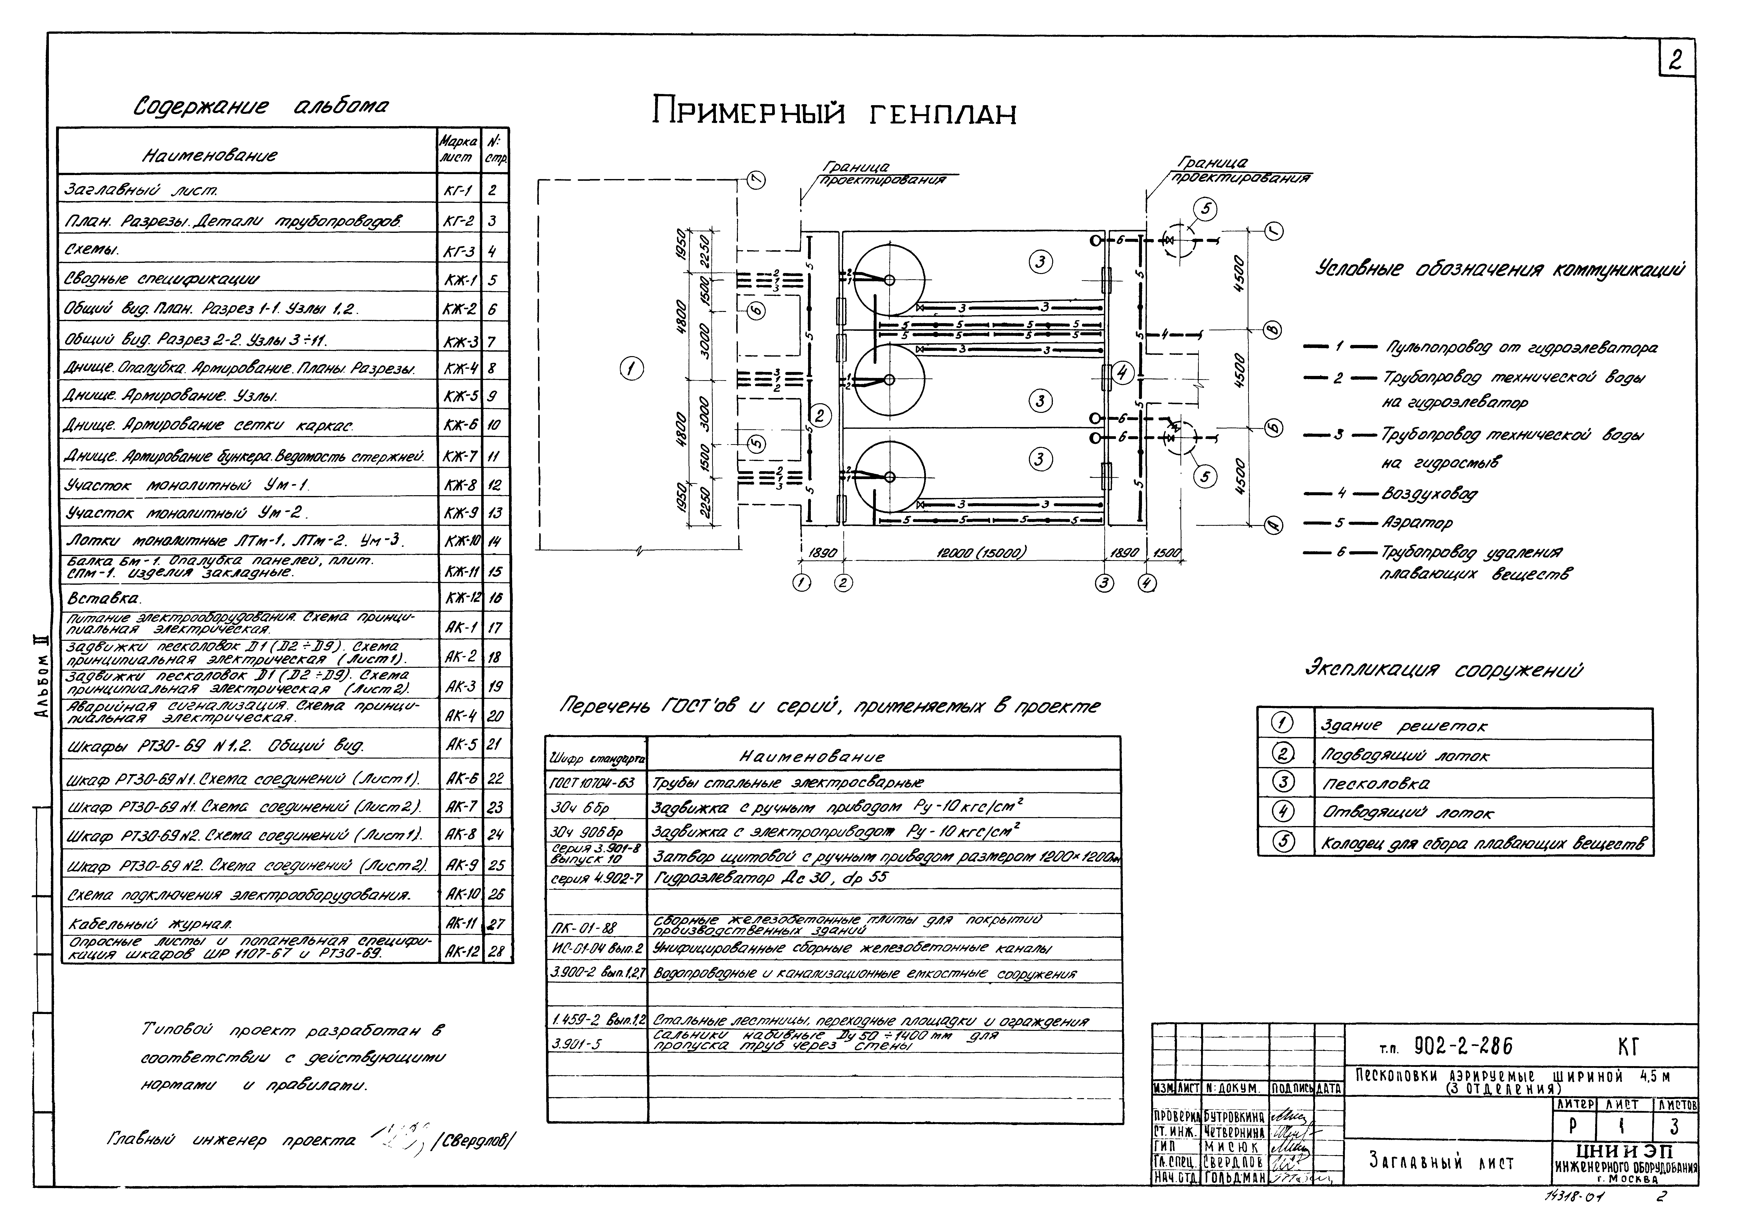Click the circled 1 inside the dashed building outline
(x=631, y=369)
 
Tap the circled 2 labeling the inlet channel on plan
(x=821, y=415)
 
